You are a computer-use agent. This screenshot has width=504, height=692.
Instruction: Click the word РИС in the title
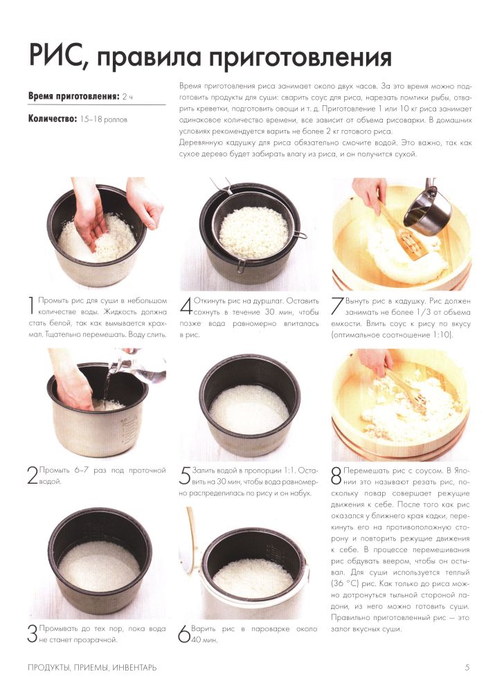55,55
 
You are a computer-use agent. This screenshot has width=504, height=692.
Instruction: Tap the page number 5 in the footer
467,667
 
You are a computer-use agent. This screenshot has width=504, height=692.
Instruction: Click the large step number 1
31,306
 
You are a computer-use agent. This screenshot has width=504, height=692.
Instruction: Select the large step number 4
186,306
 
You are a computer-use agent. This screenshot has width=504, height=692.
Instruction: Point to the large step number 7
337,306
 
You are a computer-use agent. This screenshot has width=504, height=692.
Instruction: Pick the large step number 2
33,475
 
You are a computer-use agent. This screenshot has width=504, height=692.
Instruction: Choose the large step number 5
185,475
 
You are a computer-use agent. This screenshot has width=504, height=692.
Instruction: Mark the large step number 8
336,476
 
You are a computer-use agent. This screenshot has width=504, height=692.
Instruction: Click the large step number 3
33,634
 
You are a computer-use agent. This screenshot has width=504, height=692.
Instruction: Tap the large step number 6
184,634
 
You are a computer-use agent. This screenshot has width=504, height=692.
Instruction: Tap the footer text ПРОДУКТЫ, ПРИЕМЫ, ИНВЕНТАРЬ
92,667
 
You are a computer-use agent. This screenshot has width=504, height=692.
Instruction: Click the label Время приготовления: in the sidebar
73,95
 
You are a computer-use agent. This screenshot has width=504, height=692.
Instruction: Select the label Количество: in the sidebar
53,119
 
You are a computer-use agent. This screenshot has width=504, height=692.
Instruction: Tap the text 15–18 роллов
104,119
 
